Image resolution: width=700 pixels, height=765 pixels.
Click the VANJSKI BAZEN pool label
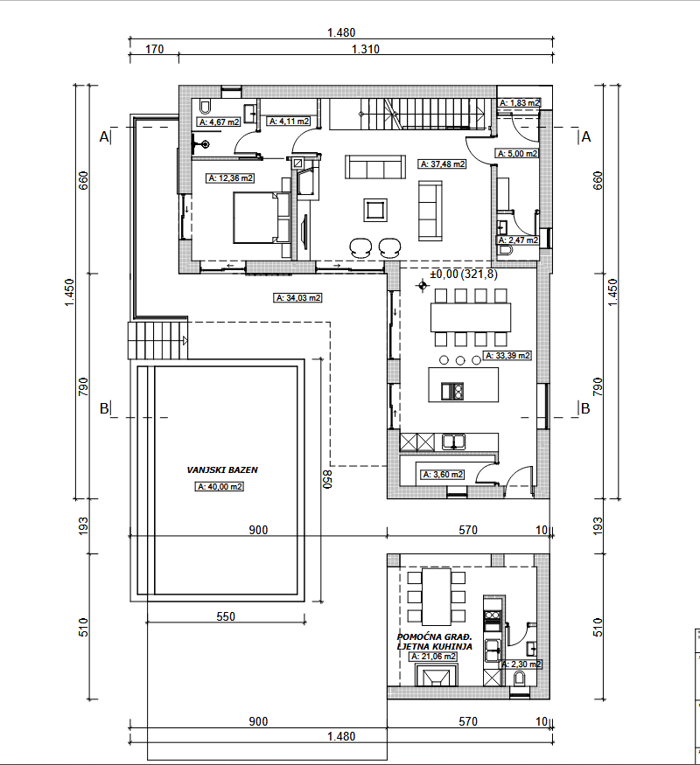222,469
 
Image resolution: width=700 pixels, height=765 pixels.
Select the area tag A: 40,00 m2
220,486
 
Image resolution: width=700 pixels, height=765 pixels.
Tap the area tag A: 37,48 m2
443,164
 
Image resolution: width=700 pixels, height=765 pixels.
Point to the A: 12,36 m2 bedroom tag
230,178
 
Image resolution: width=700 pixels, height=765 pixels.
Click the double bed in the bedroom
262,218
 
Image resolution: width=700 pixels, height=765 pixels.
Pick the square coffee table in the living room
375,211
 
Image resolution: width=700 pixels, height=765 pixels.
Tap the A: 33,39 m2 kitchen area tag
507,356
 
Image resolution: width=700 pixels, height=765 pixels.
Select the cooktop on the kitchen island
452,392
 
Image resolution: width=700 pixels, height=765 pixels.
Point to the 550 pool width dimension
226,616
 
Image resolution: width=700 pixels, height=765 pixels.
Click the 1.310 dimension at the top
366,49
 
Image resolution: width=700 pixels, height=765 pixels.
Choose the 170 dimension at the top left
154,49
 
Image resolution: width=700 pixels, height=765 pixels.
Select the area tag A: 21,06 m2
433,657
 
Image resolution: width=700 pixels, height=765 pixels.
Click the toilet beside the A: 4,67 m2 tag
205,106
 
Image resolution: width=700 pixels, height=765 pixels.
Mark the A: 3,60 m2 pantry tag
443,474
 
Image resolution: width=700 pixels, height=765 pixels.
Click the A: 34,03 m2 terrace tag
297,297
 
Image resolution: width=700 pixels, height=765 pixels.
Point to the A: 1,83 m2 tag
520,103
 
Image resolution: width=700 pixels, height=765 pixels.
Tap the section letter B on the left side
104,408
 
